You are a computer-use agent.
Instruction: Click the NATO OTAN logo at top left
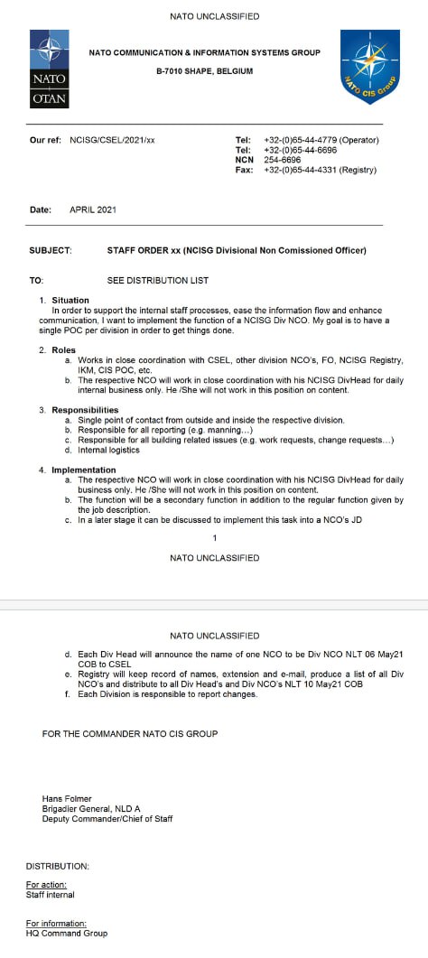point(50,69)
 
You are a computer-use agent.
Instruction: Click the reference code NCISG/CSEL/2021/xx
point(112,141)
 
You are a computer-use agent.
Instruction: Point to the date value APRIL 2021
point(93,209)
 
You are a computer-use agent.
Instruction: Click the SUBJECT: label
point(51,250)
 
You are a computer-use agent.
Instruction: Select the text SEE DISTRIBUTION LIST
point(157,281)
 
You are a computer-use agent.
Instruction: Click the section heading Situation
point(70,300)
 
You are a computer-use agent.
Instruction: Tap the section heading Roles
point(63,349)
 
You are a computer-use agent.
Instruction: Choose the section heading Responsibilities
point(86,410)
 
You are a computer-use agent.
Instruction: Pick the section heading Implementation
point(84,470)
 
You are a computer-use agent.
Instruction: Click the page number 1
point(214,538)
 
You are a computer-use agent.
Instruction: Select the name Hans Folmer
point(67,798)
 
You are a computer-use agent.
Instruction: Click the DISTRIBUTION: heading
point(57,866)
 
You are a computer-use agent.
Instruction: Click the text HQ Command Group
point(66,933)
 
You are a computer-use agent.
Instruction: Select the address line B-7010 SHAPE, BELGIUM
point(204,71)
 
